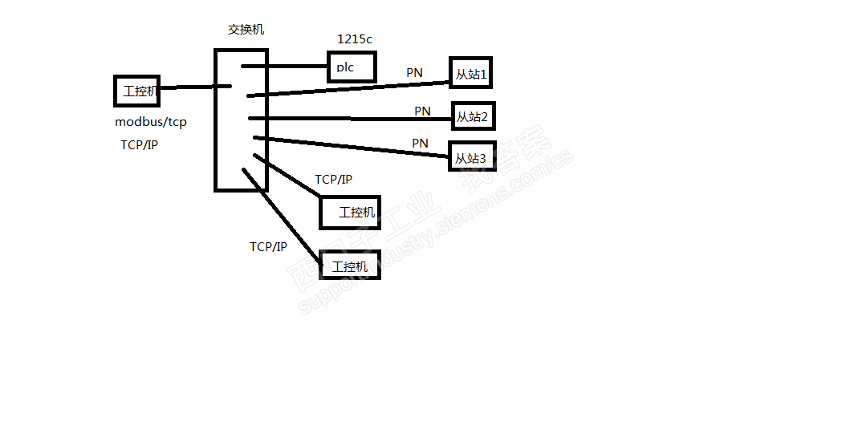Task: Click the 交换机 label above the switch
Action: [246, 30]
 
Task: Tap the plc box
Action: [352, 67]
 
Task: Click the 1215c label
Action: [355, 39]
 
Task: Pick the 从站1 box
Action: [471, 74]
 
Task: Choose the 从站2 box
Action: [473, 117]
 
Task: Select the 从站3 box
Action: [471, 157]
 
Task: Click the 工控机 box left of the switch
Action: [138, 91]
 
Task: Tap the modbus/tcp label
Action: [151, 123]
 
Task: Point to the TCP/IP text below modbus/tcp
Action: [139, 145]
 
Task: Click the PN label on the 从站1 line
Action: [414, 73]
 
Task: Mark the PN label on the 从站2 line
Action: [422, 112]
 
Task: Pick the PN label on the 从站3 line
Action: [420, 143]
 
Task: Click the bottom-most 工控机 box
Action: [350, 266]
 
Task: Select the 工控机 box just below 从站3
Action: [350, 212]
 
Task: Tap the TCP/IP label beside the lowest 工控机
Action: [268, 247]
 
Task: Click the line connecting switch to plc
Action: [284, 66]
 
